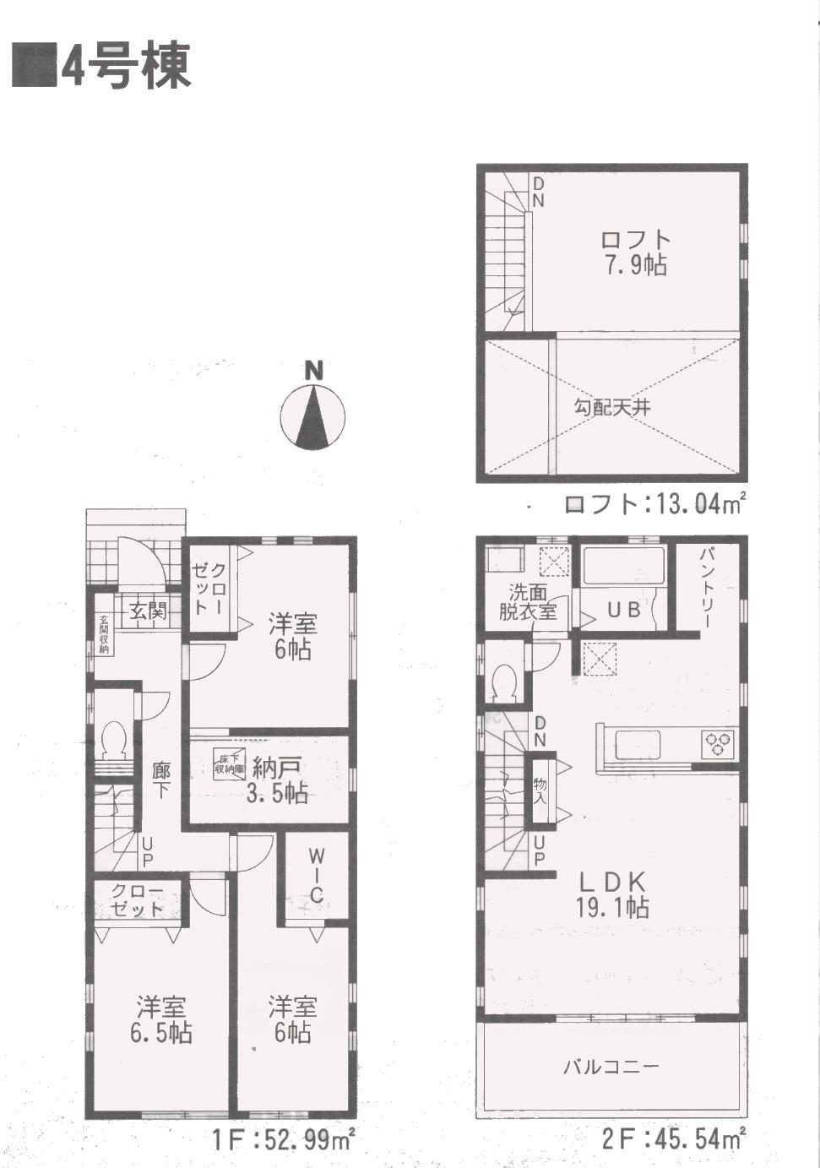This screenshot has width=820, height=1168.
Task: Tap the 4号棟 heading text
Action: [x=125, y=66]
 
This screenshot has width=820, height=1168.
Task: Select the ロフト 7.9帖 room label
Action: [x=634, y=253]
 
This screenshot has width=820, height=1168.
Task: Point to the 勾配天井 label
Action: [x=613, y=407]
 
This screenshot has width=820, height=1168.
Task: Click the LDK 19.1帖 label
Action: [x=613, y=894]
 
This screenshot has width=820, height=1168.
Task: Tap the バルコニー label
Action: [x=611, y=1067]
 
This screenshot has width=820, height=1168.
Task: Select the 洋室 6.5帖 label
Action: [x=160, y=1019]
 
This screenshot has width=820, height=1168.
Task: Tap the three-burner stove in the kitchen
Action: [x=720, y=743]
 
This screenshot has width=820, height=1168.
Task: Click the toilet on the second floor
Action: [x=505, y=682]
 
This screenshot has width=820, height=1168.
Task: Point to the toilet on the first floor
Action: [x=113, y=739]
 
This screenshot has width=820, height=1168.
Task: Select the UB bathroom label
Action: [x=624, y=609]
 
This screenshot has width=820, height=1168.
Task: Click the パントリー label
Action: [x=708, y=587]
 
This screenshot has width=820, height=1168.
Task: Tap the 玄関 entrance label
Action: [x=148, y=611]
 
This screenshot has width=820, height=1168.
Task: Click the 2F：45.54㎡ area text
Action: [x=673, y=1139]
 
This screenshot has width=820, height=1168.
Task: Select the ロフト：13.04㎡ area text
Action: [x=654, y=504]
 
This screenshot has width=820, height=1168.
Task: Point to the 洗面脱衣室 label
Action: [x=528, y=601]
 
